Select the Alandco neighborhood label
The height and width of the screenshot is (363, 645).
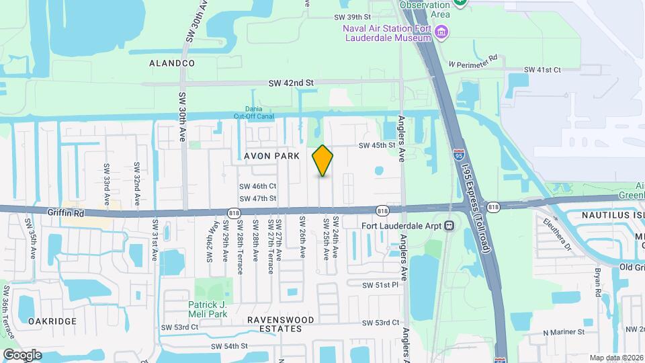(x=172, y=63)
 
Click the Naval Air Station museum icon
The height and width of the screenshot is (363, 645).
(x=441, y=32)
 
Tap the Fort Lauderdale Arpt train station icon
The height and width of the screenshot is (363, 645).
(x=449, y=226)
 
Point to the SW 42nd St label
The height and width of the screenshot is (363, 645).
(x=291, y=83)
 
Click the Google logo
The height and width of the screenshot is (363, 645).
(x=21, y=354)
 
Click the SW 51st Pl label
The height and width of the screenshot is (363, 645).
(x=382, y=285)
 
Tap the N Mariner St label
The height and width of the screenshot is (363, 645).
(x=564, y=332)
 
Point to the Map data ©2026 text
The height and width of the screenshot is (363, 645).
(x=616, y=358)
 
